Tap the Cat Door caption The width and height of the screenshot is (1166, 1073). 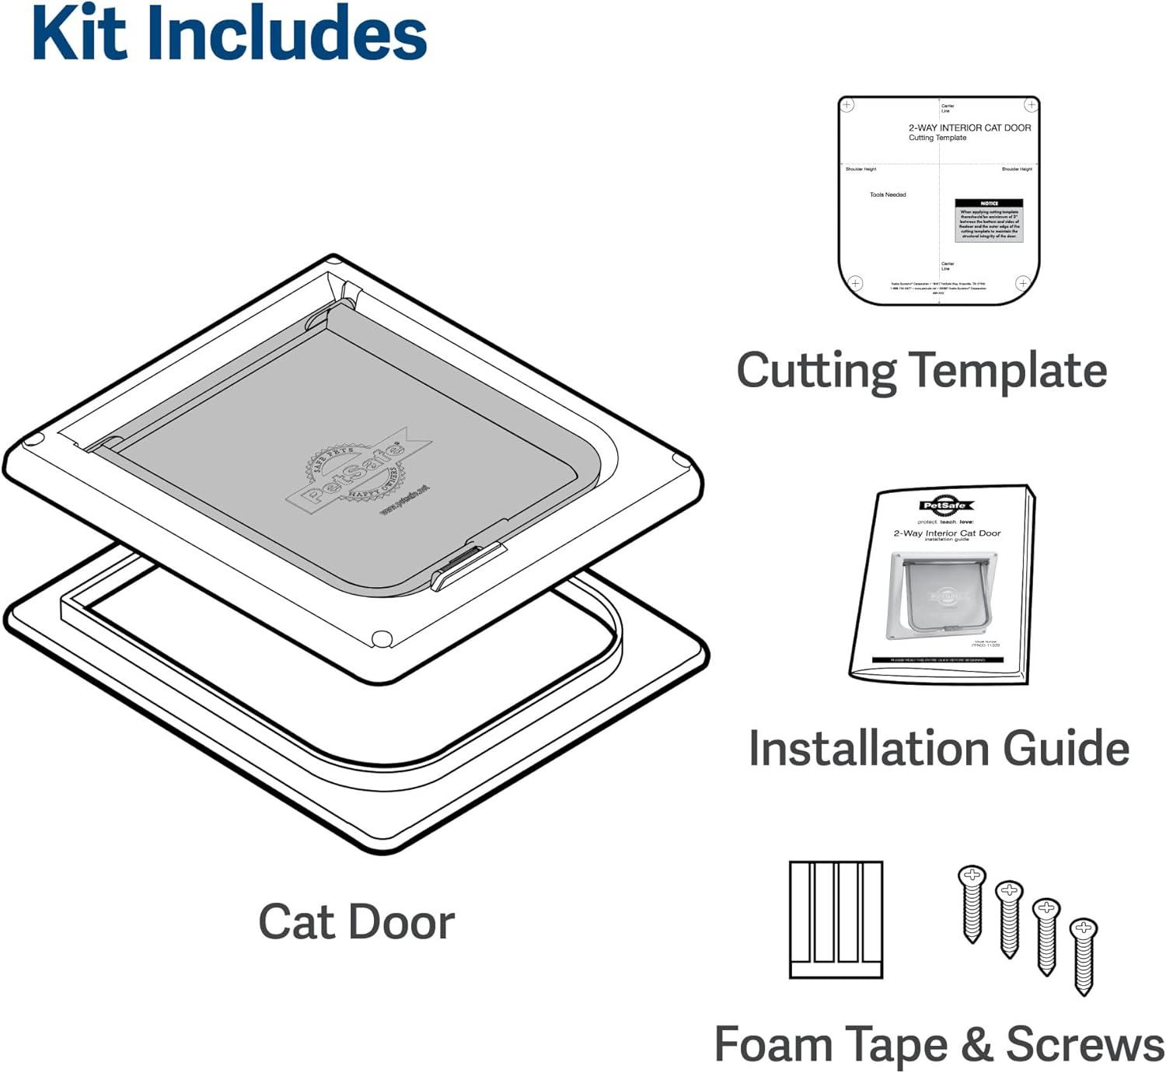tap(356, 923)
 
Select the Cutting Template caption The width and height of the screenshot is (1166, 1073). tap(921, 370)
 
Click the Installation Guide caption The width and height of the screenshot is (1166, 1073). tap(938, 749)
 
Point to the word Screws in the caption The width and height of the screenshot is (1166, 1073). tap(1084, 1044)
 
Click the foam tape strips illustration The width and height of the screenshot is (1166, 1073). tap(836, 919)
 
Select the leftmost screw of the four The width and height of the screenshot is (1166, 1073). tap(972, 902)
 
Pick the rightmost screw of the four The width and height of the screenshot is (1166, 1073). tap(1083, 955)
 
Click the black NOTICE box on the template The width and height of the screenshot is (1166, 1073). tap(989, 220)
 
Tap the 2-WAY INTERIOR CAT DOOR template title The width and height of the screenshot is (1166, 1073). tap(969, 128)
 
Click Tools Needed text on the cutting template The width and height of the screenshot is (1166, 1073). tap(888, 194)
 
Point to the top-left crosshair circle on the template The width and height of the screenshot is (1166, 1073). tap(848, 105)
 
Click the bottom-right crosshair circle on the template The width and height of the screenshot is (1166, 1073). tap(1023, 282)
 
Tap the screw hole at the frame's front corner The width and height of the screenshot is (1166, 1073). tap(382, 638)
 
